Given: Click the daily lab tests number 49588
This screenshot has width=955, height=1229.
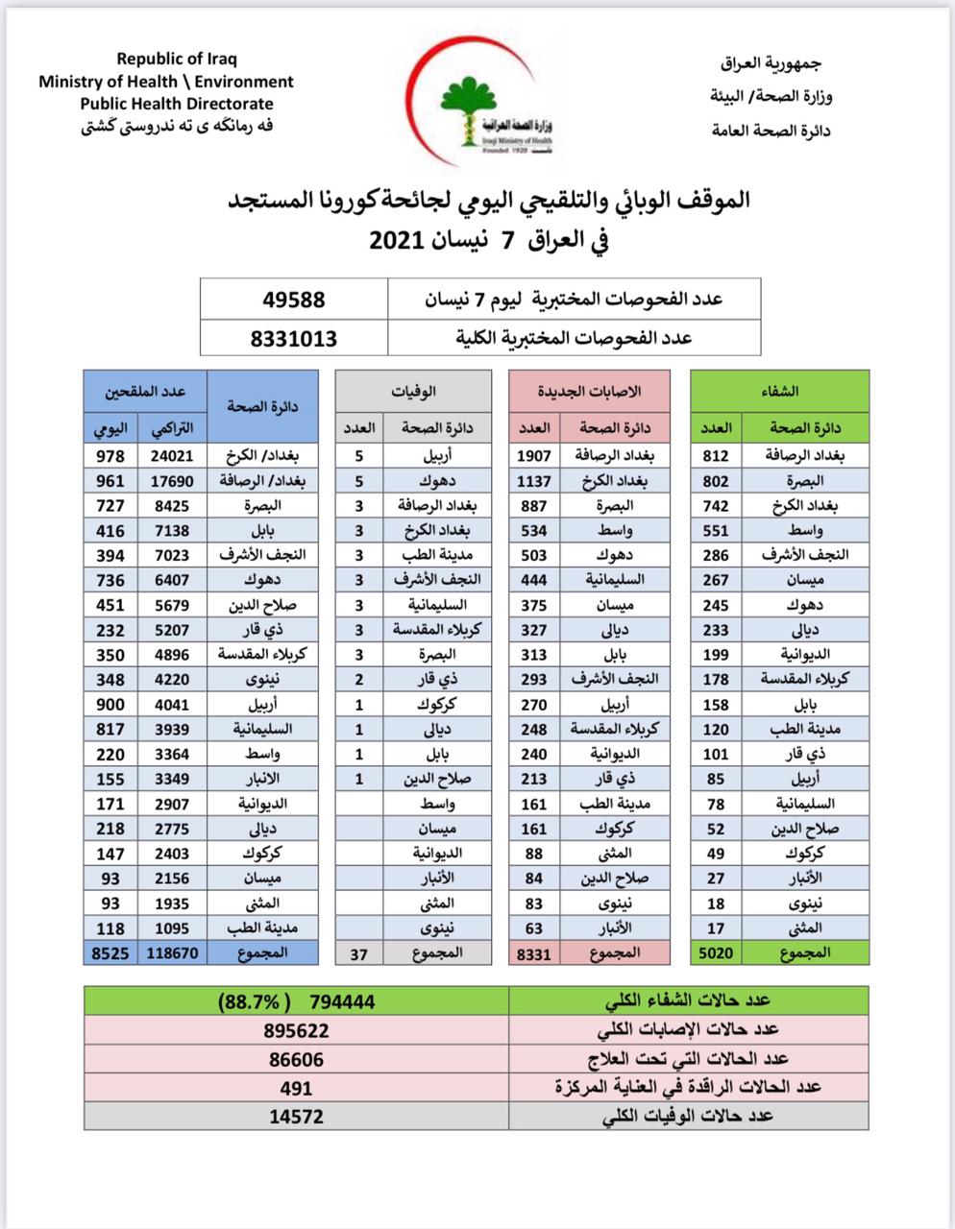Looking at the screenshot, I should tap(294, 300).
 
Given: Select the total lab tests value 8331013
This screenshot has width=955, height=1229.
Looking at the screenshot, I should tap(294, 338).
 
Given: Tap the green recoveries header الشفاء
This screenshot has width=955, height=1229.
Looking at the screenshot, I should tap(779, 391).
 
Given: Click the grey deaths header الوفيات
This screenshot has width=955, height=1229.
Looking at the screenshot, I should tap(414, 391).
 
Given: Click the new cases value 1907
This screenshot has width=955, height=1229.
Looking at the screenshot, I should tap(533, 456).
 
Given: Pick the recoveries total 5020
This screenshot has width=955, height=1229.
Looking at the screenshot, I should tap(715, 953).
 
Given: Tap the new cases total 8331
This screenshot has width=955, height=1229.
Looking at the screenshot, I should tap(533, 953).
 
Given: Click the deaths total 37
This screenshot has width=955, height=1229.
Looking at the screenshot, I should tap(359, 953).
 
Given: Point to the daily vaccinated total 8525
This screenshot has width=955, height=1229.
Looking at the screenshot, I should tap(110, 953).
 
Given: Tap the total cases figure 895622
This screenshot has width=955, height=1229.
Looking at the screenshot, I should tap(296, 1030).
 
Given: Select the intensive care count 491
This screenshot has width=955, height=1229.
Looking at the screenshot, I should tap(296, 1088).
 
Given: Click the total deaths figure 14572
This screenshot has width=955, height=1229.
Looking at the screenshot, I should tap(296, 1116).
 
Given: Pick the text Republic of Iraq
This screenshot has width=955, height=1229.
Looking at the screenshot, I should tap(178, 60).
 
